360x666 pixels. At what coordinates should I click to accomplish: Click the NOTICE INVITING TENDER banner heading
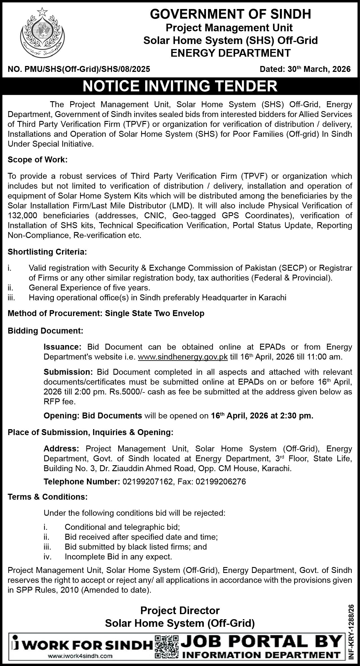[x=180, y=86]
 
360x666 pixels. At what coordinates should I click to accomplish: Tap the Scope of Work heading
[x=38, y=160]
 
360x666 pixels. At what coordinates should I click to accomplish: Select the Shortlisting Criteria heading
[x=47, y=252]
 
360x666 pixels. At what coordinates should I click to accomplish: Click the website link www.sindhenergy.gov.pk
[x=183, y=357]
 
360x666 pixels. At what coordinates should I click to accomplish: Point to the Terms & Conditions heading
[x=47, y=497]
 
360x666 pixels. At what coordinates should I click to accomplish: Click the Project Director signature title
[x=180, y=610]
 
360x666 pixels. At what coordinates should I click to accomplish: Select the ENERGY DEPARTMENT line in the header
[x=231, y=53]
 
